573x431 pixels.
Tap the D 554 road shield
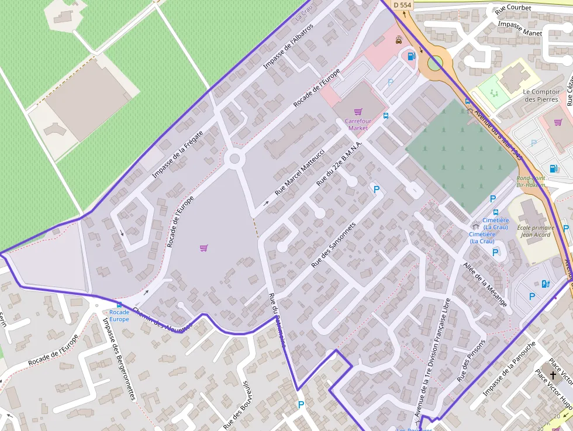pyautogui.click(x=402, y=5)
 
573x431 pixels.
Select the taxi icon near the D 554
pyautogui.click(x=399, y=40)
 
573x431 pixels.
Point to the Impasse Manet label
pyautogui.click(x=520, y=29)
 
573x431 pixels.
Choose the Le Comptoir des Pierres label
pyautogui.click(x=541, y=95)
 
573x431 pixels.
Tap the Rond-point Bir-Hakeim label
pyautogui.click(x=530, y=181)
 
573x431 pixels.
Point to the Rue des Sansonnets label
pyautogui.click(x=333, y=245)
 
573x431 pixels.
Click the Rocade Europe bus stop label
pyautogui.click(x=119, y=316)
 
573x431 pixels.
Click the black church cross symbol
pyautogui.click(x=553, y=375)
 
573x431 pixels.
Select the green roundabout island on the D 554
pyautogui.click(x=434, y=63)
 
